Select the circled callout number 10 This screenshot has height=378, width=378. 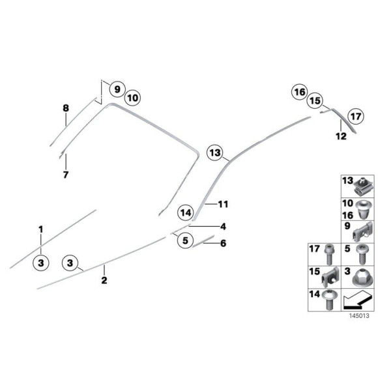(132, 98)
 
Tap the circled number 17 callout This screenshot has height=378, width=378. (355, 117)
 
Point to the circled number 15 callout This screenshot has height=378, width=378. (315, 101)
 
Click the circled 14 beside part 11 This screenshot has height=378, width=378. (186, 212)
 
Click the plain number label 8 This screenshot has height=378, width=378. (65, 108)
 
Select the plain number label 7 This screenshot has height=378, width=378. (65, 175)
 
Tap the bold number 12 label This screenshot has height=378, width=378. (341, 136)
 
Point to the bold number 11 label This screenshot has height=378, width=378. (224, 204)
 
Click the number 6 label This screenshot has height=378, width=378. (223, 244)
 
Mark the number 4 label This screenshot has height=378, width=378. (223, 227)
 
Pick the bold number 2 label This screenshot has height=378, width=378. (104, 281)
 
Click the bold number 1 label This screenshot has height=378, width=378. (40, 229)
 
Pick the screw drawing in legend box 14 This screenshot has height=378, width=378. (328, 300)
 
